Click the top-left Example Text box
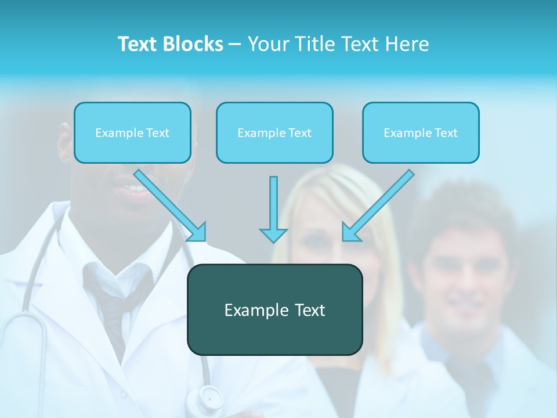[x=132, y=133]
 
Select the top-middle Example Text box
[x=274, y=133]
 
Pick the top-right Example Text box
[x=421, y=133]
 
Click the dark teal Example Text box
[x=274, y=309]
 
